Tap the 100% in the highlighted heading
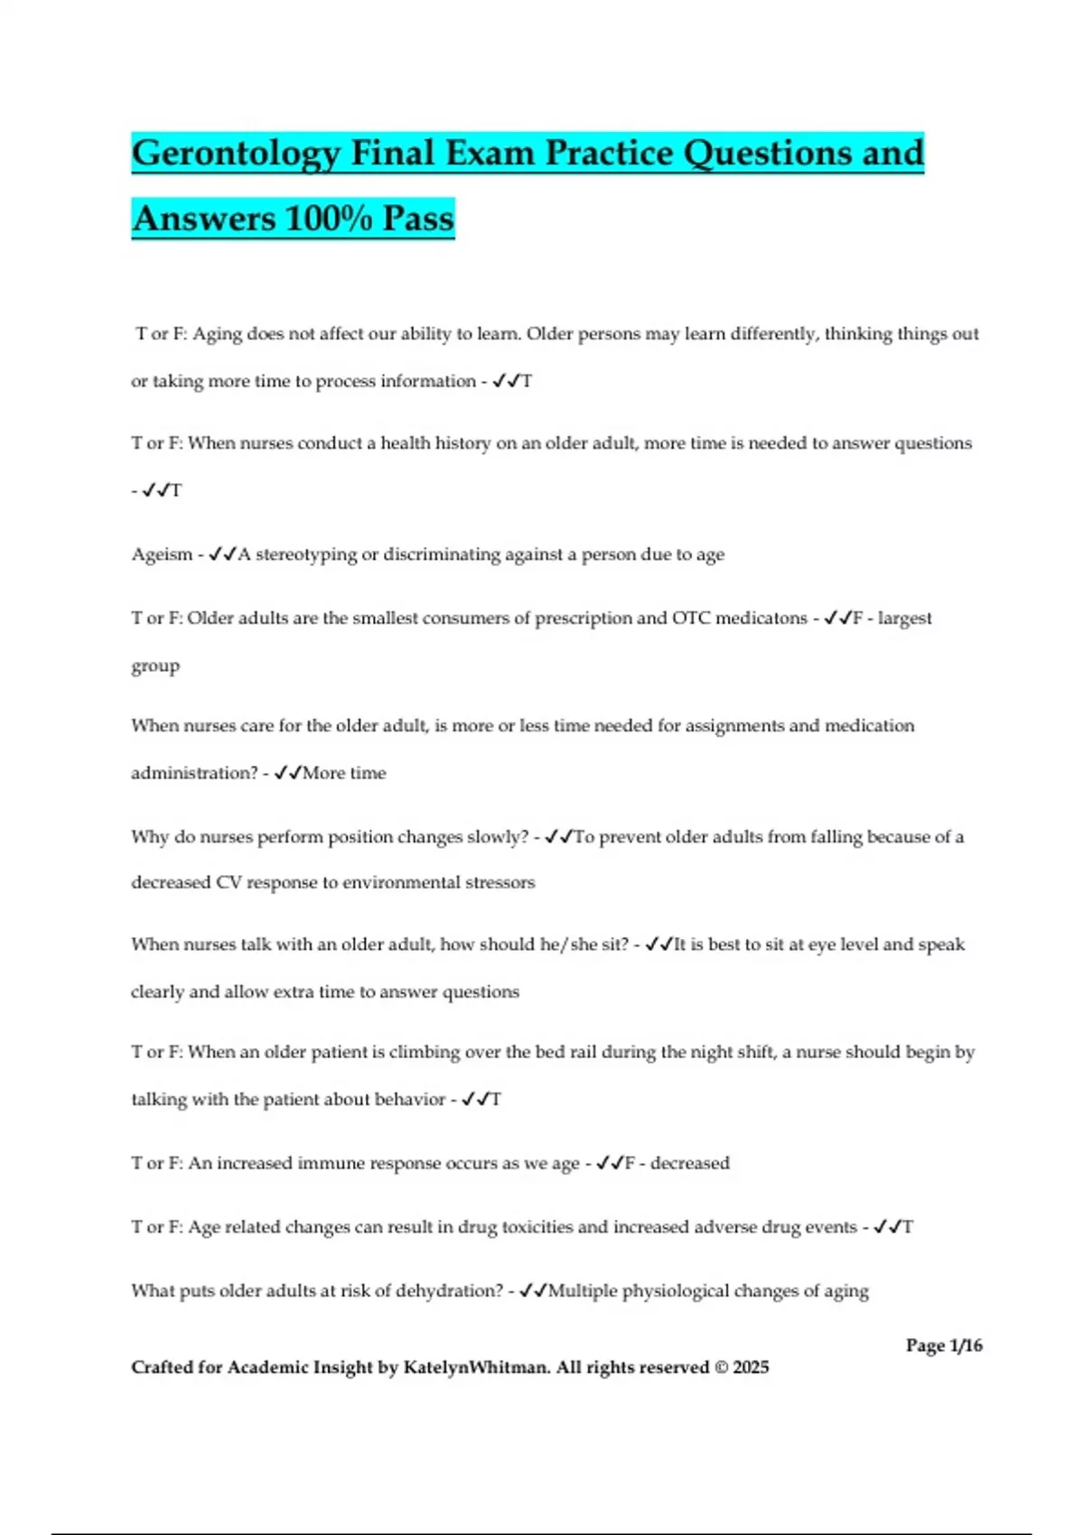327,219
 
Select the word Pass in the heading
417,219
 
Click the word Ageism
162,554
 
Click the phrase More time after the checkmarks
344,773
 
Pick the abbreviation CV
228,882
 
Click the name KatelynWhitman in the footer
476,1367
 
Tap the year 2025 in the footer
751,1367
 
